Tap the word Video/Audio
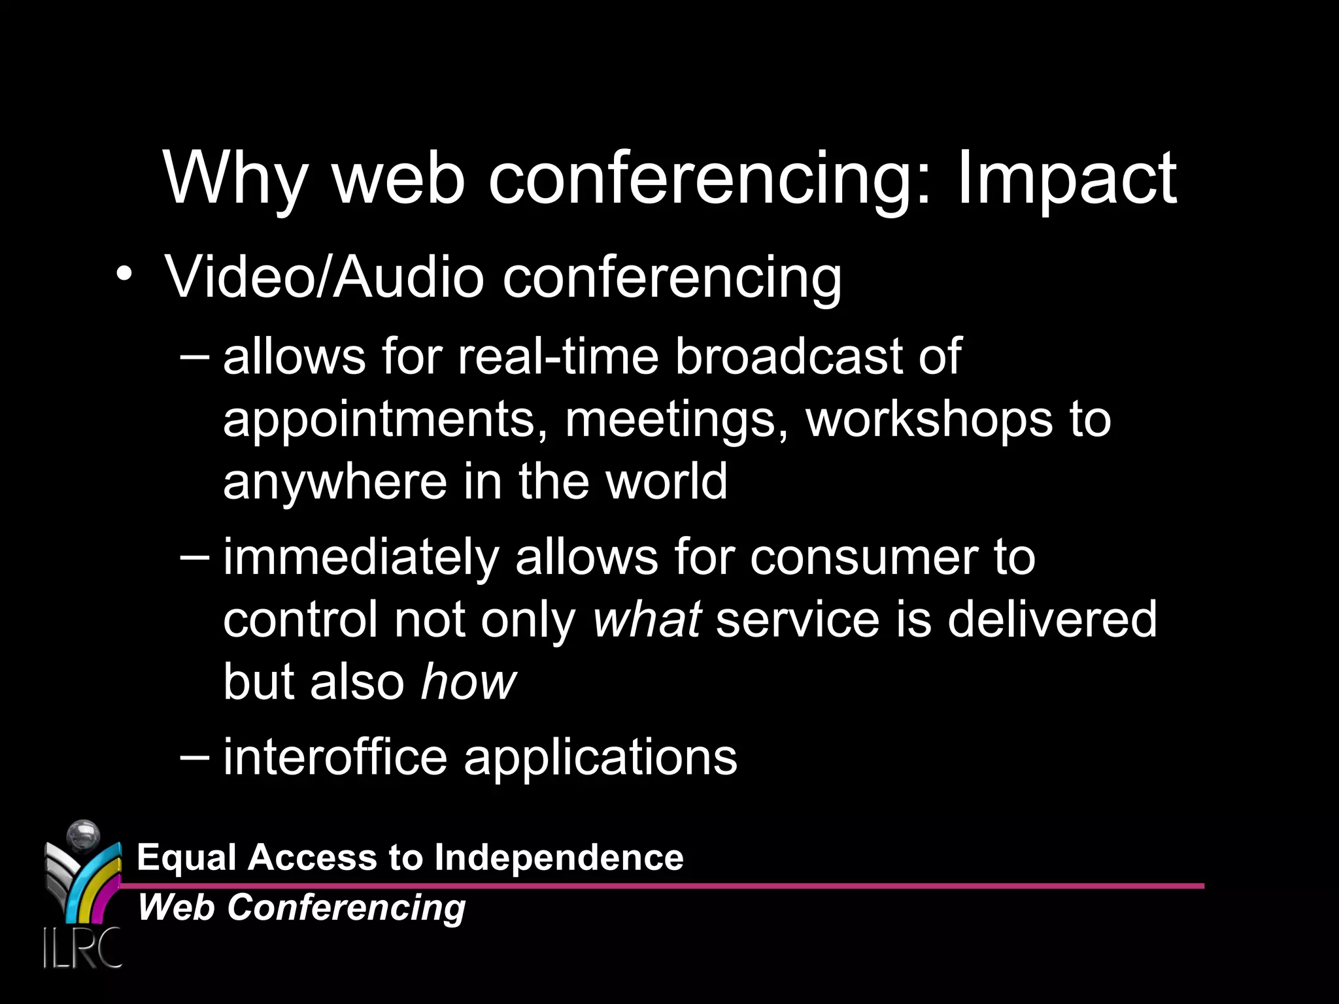324,277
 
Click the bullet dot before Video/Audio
124,274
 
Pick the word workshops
928,420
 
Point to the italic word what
647,619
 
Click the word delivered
1052,619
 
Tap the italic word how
468,682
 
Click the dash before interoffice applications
194,756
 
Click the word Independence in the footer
559,857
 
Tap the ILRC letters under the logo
82,947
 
